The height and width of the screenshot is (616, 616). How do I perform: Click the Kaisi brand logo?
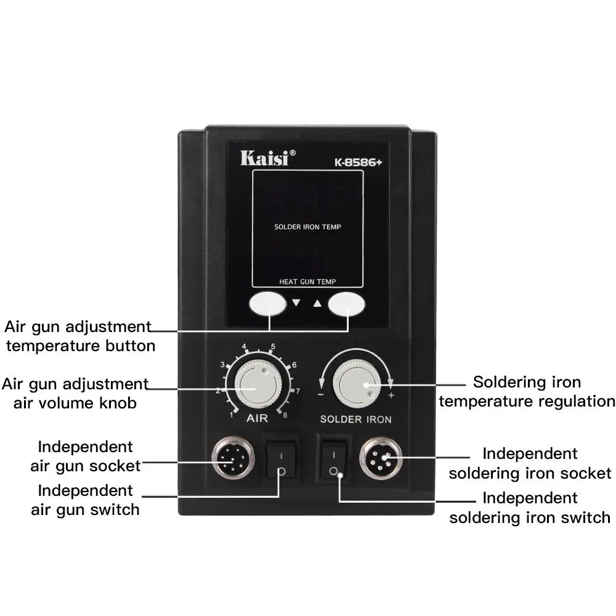(x=267, y=158)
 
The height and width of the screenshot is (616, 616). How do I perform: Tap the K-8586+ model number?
(x=358, y=163)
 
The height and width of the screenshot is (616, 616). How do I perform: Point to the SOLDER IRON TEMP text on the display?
(x=307, y=227)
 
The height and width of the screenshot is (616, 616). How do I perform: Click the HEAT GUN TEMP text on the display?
(x=307, y=282)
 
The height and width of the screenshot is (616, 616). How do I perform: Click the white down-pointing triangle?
(x=296, y=302)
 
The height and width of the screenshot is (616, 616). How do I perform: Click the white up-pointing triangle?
(x=317, y=303)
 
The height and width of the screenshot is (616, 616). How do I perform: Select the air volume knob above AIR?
(x=258, y=384)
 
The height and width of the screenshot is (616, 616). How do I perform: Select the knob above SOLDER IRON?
(x=357, y=383)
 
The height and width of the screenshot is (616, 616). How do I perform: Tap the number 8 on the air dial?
(x=285, y=415)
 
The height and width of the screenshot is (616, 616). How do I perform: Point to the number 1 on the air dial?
(x=232, y=415)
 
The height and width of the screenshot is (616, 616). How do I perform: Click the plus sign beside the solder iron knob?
(x=391, y=395)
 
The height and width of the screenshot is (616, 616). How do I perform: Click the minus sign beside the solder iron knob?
(x=321, y=394)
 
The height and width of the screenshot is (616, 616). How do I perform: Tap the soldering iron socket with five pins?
(x=381, y=458)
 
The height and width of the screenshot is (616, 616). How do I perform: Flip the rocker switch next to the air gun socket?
(x=282, y=460)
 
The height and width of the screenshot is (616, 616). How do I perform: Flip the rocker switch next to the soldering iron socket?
(x=334, y=460)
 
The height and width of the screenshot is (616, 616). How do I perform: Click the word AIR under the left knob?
(x=257, y=418)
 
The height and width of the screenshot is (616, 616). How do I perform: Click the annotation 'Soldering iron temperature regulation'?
(x=527, y=392)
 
